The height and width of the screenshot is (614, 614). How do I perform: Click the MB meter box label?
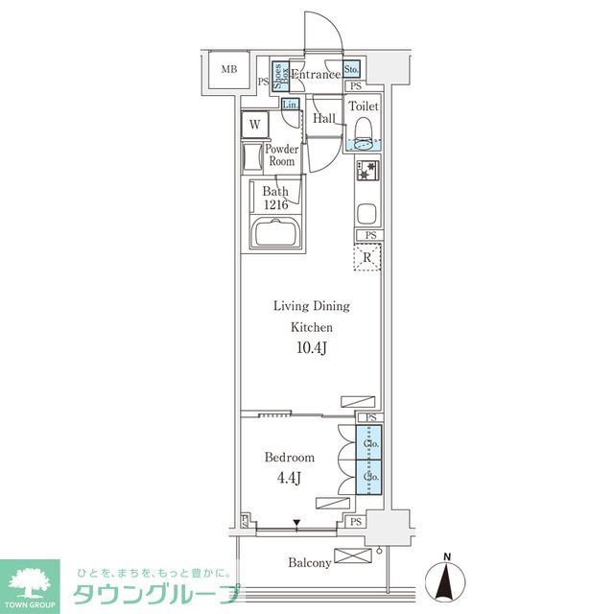coord(229,69)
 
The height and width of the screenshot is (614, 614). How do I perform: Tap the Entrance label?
coord(315,75)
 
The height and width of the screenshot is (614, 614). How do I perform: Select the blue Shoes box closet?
coord(280,75)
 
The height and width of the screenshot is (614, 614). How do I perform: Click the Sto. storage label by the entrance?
coord(351,69)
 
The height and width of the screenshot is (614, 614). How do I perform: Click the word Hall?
coord(324,118)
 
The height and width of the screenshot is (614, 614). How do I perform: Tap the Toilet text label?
coord(364,106)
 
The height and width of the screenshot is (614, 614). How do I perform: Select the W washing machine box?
coord(255,124)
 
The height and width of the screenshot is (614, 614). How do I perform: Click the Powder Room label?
coord(281,155)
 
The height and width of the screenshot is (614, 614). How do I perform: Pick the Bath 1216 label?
coord(275,197)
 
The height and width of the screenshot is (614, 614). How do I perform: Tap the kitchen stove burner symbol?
coord(368,174)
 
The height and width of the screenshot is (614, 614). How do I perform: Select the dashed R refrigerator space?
coord(368,257)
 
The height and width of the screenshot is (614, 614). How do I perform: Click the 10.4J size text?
coord(312,347)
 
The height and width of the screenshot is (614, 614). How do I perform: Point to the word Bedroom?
coord(289,457)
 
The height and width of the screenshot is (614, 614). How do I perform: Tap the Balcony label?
coord(309,563)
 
